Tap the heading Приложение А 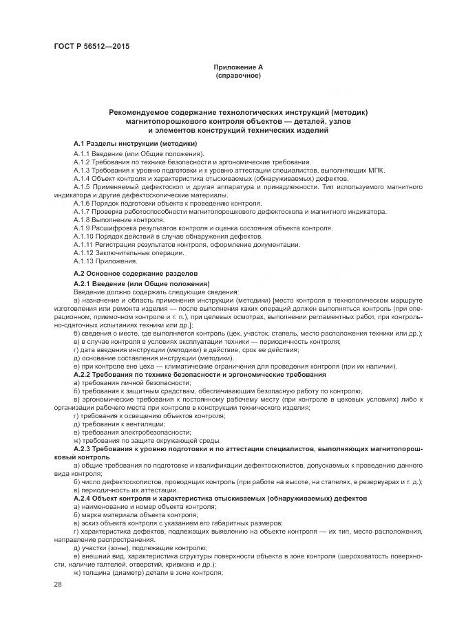coord(238,67)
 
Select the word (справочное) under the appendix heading coord(238,75)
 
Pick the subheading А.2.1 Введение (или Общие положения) coord(141,283)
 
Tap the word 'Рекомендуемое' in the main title coord(143,112)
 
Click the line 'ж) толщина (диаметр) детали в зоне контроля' coord(147,571)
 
